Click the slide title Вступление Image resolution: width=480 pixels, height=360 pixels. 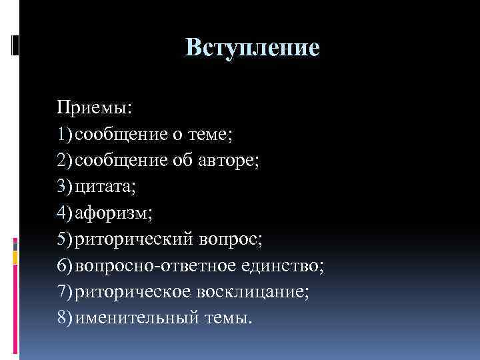pyautogui.click(x=252, y=47)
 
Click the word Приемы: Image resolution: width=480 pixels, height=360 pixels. pyautogui.click(x=94, y=107)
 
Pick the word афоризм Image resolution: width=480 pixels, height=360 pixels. pyautogui.click(x=113, y=213)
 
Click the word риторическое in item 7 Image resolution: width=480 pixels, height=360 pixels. pyautogui.click(x=133, y=293)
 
